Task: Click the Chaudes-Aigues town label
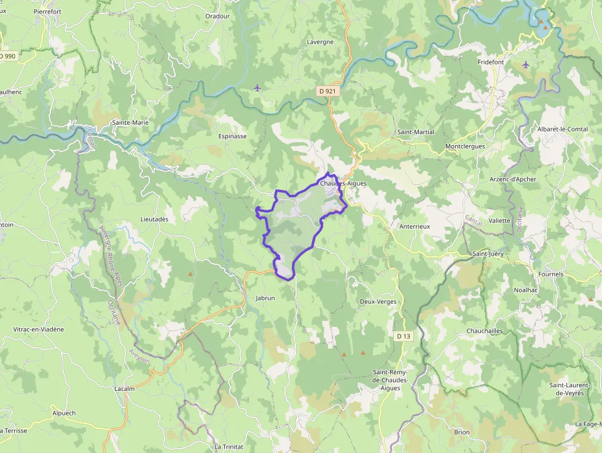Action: coord(343,183)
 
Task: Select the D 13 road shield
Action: coord(403,336)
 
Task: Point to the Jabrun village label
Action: coord(265,297)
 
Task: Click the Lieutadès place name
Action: coord(154,219)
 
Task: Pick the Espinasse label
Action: coord(232,136)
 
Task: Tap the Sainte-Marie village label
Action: coord(130,122)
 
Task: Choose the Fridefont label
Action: coord(491,62)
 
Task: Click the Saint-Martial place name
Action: coord(415,132)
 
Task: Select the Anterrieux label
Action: coord(415,226)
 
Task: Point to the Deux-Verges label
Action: coord(378,302)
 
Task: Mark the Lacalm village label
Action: coord(124,388)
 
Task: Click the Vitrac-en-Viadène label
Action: coord(39,329)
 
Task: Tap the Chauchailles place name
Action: coord(485,331)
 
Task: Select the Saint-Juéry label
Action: coord(488,253)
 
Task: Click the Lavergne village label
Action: coord(320,42)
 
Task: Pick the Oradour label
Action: coord(217,16)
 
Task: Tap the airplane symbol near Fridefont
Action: coord(525,65)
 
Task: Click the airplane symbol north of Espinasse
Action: coord(257,89)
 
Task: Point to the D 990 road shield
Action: coord(8,56)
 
